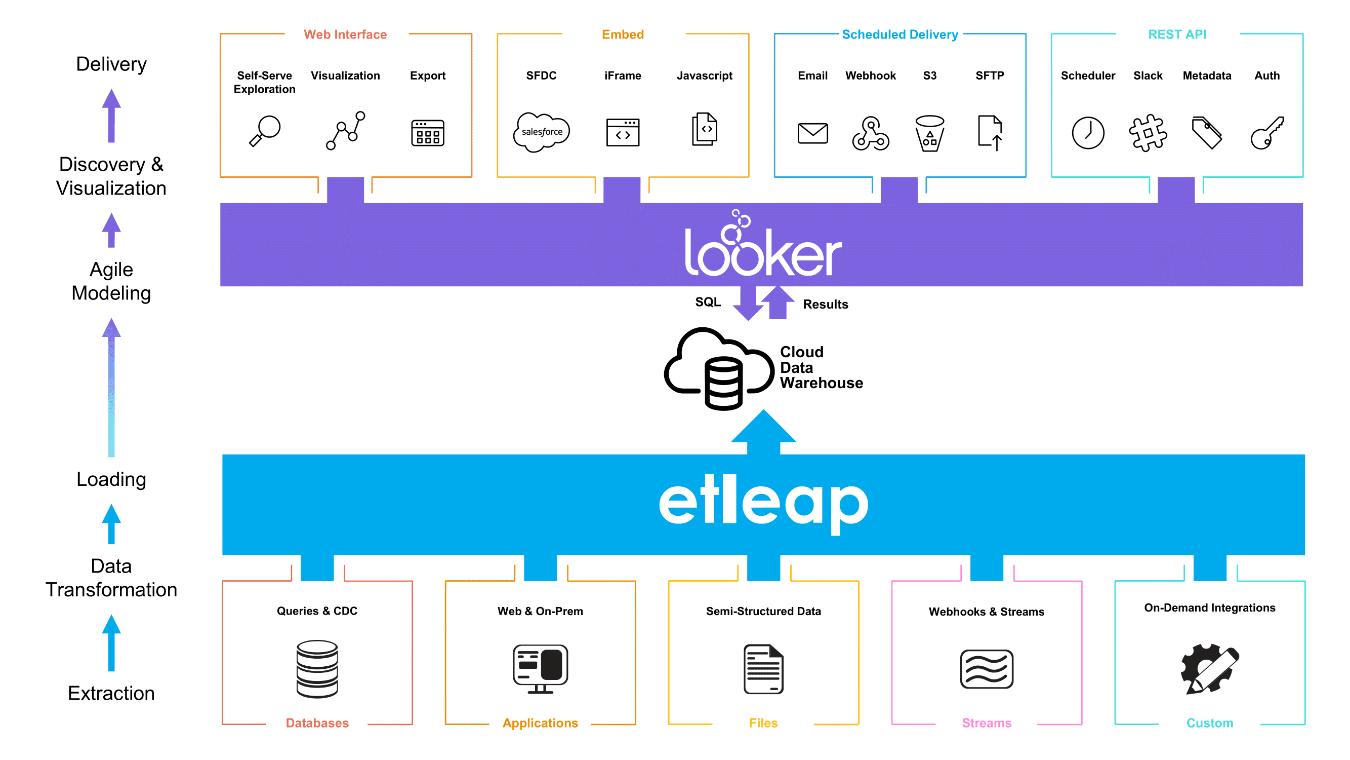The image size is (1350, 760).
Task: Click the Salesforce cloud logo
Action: (541, 132)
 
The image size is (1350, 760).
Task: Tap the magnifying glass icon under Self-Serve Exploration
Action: (265, 131)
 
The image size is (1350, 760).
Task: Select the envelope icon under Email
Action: (812, 133)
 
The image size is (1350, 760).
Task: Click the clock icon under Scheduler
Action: (1087, 133)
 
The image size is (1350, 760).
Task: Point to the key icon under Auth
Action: (1266, 133)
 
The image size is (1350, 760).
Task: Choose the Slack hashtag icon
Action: (1147, 133)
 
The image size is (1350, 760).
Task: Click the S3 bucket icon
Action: (929, 133)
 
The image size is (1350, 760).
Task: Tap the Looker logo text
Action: (762, 247)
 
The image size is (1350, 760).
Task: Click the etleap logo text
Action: (763, 503)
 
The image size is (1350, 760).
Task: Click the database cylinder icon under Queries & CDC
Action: (317, 668)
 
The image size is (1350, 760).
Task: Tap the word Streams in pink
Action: (986, 723)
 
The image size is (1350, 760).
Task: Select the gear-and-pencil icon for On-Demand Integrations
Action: (1209, 669)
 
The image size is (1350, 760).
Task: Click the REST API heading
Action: (1176, 34)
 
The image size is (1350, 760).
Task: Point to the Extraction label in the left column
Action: (111, 693)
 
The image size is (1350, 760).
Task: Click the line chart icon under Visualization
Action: (345, 131)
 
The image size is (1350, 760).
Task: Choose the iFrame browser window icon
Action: (623, 132)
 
